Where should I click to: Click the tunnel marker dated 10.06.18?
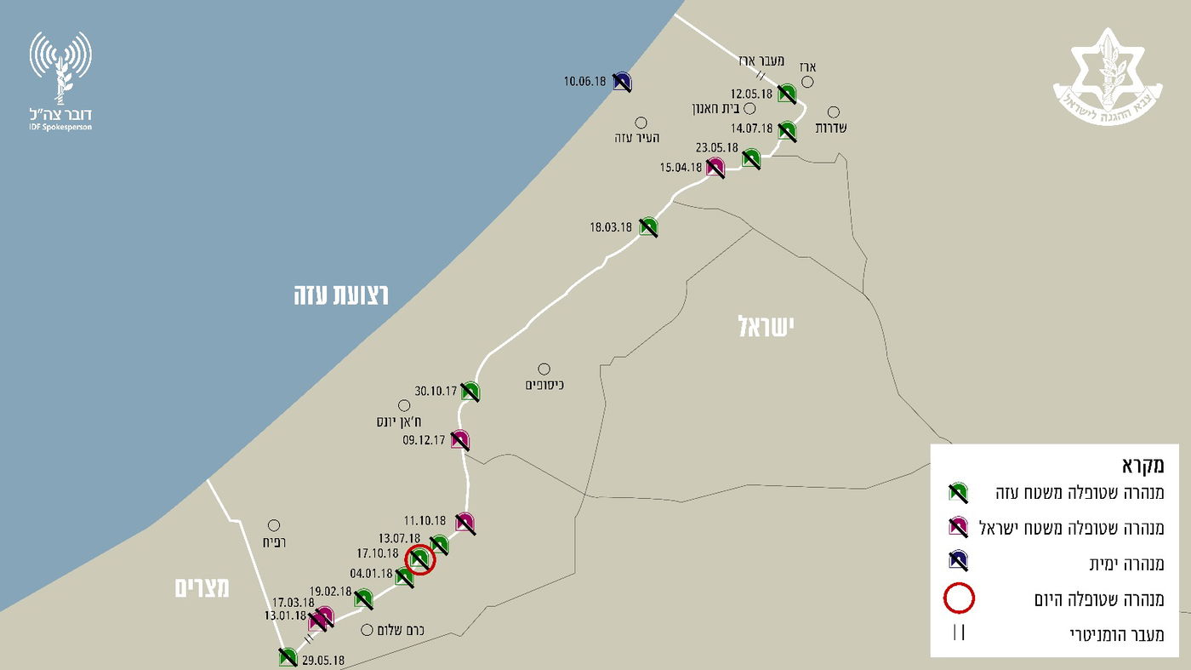click(x=622, y=82)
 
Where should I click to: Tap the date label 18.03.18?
click(x=611, y=227)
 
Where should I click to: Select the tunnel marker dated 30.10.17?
click(x=470, y=391)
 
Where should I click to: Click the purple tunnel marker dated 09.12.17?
click(x=460, y=440)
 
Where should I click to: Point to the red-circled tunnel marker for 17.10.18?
click(x=419, y=559)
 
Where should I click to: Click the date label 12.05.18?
click(x=751, y=94)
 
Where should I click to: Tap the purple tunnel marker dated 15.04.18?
click(x=715, y=167)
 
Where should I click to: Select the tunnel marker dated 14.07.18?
click(x=787, y=130)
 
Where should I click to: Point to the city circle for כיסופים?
click(x=544, y=369)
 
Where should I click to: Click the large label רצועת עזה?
click(x=340, y=295)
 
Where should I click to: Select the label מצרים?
click(x=203, y=587)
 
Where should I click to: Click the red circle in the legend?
click(x=959, y=598)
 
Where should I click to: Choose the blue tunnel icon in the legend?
click(x=958, y=560)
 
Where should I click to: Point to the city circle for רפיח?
click(x=274, y=525)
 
